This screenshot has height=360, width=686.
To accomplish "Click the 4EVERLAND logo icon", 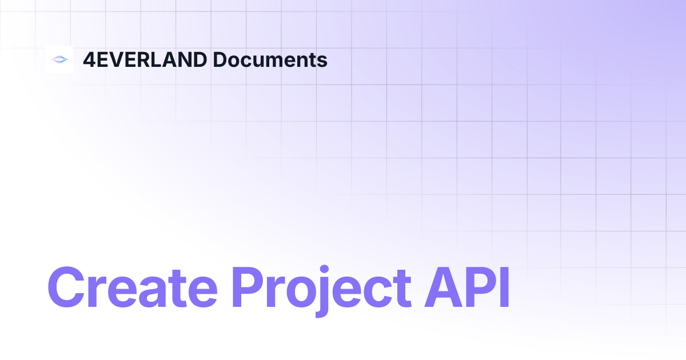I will [59, 59].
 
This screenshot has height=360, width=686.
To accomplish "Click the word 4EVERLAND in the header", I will [145, 59].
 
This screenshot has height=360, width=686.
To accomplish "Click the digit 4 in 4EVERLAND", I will [89, 59].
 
